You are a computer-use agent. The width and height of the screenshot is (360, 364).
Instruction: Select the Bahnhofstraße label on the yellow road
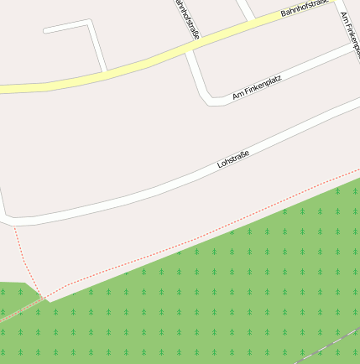click(304, 8)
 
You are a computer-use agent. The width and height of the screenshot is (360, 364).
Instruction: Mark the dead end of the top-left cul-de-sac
click(45, 31)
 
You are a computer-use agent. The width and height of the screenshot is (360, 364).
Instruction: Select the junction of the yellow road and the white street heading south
click(190, 46)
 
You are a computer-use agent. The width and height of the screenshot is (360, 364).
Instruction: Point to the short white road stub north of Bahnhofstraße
click(245, 10)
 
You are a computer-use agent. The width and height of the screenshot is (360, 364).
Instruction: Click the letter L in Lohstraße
click(219, 165)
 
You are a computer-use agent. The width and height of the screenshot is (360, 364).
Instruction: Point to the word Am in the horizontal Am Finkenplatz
click(237, 96)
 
